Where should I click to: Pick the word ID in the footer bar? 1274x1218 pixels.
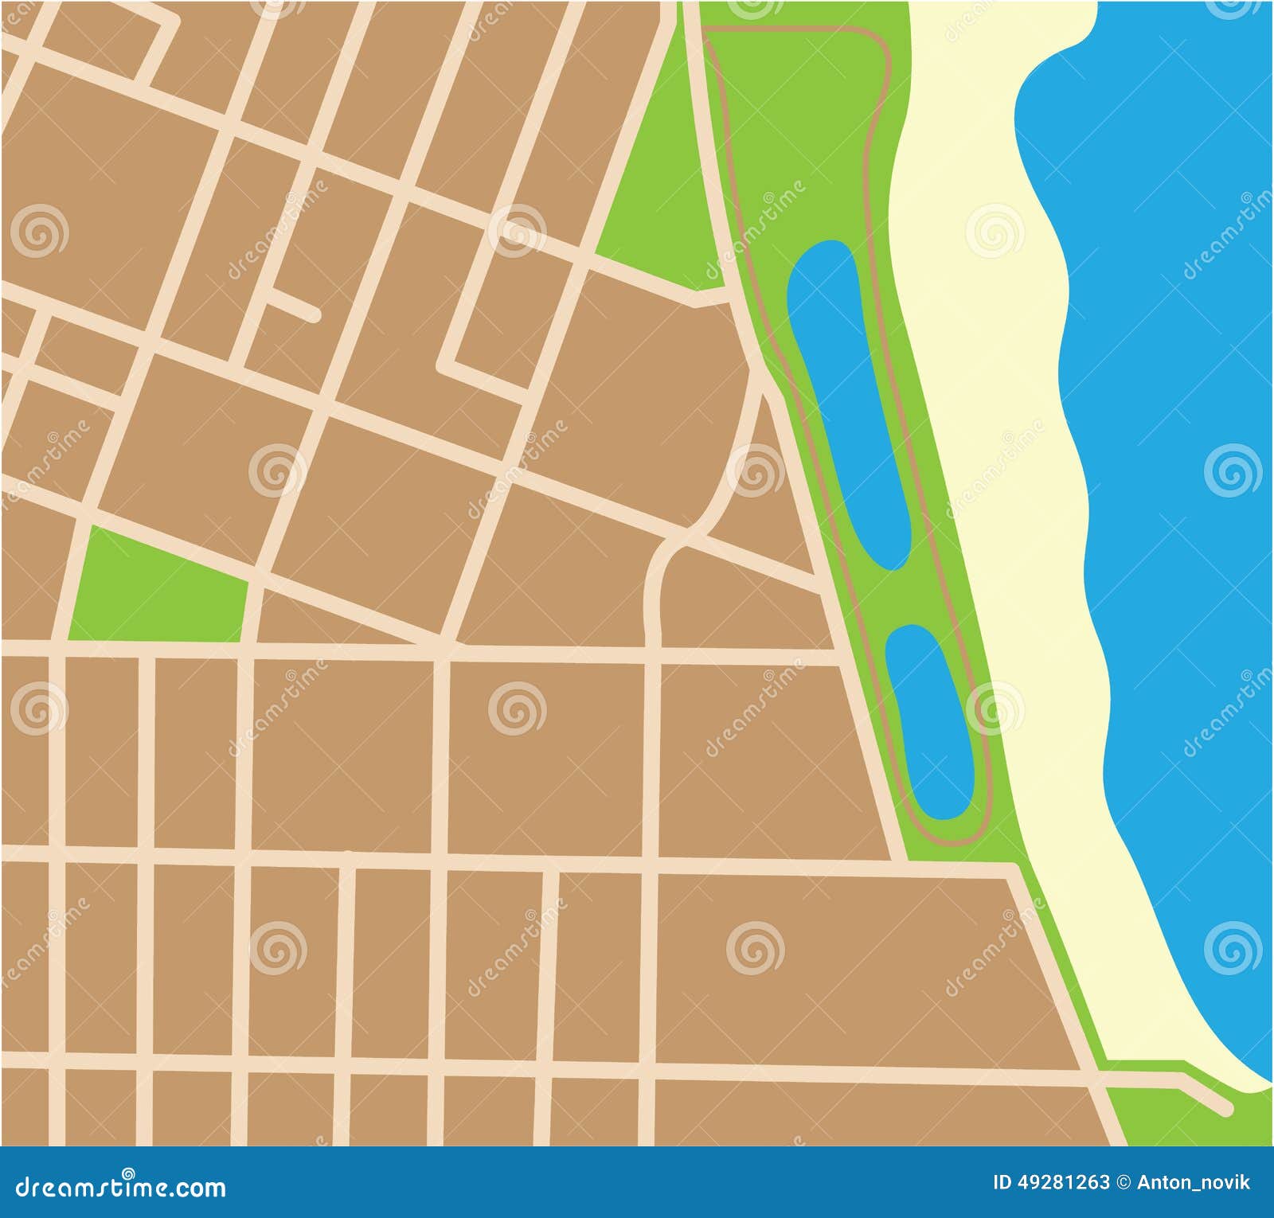[x=1002, y=1182]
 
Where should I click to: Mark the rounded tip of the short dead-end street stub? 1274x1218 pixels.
[x=314, y=315]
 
